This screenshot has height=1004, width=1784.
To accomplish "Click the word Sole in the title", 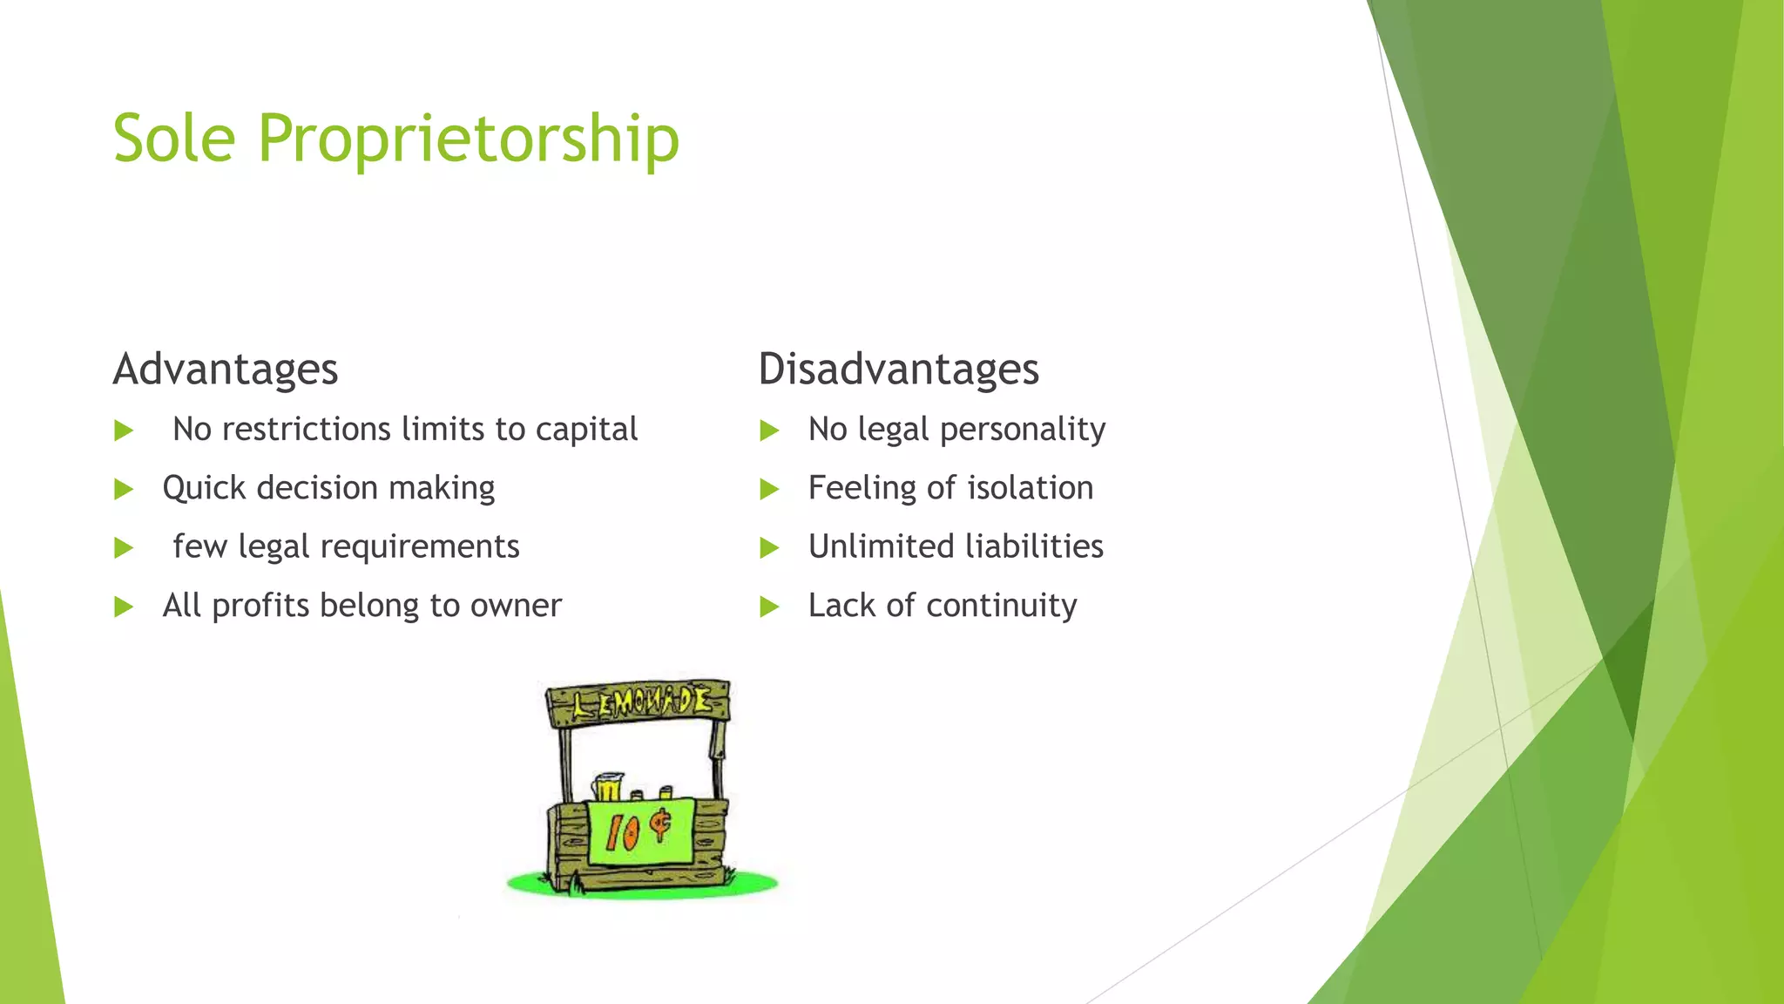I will [x=174, y=139].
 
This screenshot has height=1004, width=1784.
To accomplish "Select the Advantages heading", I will [x=226, y=370].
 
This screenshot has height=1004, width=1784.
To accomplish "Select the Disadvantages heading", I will [x=898, y=370].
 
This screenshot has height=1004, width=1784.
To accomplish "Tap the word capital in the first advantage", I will [x=586, y=430].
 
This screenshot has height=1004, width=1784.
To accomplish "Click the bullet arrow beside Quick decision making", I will [x=124, y=489].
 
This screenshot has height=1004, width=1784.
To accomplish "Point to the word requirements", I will [x=420, y=547].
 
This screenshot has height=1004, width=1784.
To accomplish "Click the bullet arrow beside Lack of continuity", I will [x=768, y=607].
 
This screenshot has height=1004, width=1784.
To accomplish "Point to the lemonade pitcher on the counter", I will [x=608, y=786].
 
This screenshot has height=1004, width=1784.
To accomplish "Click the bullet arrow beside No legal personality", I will [x=768, y=431].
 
